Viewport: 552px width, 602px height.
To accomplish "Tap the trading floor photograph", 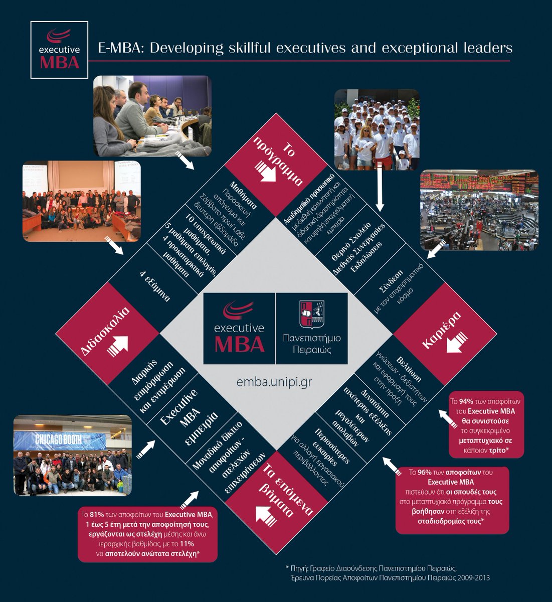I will tap(479, 210).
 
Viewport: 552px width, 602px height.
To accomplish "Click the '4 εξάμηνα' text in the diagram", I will tap(155, 286).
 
